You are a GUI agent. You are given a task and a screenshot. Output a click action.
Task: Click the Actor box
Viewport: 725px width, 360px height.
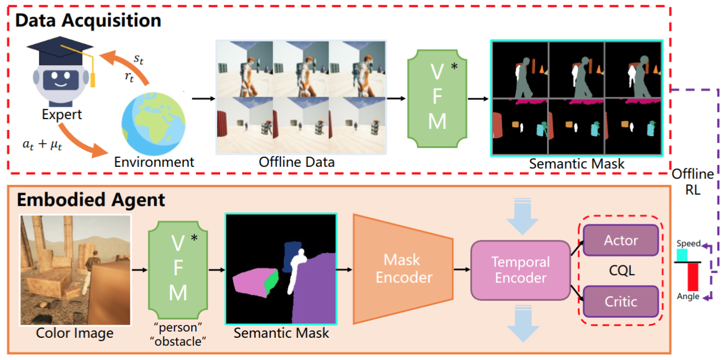(621, 240)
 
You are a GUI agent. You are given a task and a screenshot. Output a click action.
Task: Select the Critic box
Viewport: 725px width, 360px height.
(621, 301)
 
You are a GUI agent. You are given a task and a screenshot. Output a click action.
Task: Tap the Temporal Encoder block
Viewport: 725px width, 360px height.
(520, 270)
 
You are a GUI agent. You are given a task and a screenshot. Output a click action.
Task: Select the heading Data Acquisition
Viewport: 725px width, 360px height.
(88, 21)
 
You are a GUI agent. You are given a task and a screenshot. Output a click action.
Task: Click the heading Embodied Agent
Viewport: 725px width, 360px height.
(91, 200)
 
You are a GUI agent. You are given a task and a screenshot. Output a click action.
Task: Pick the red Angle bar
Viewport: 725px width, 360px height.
(693, 276)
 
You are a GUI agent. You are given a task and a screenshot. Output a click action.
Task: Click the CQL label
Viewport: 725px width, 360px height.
(621, 271)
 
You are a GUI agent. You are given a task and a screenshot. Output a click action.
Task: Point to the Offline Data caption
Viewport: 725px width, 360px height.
(297, 162)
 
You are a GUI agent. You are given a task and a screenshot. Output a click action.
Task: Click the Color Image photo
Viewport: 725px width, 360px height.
(75, 269)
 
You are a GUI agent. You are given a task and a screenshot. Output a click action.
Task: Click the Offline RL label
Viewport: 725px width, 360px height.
(693, 182)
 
